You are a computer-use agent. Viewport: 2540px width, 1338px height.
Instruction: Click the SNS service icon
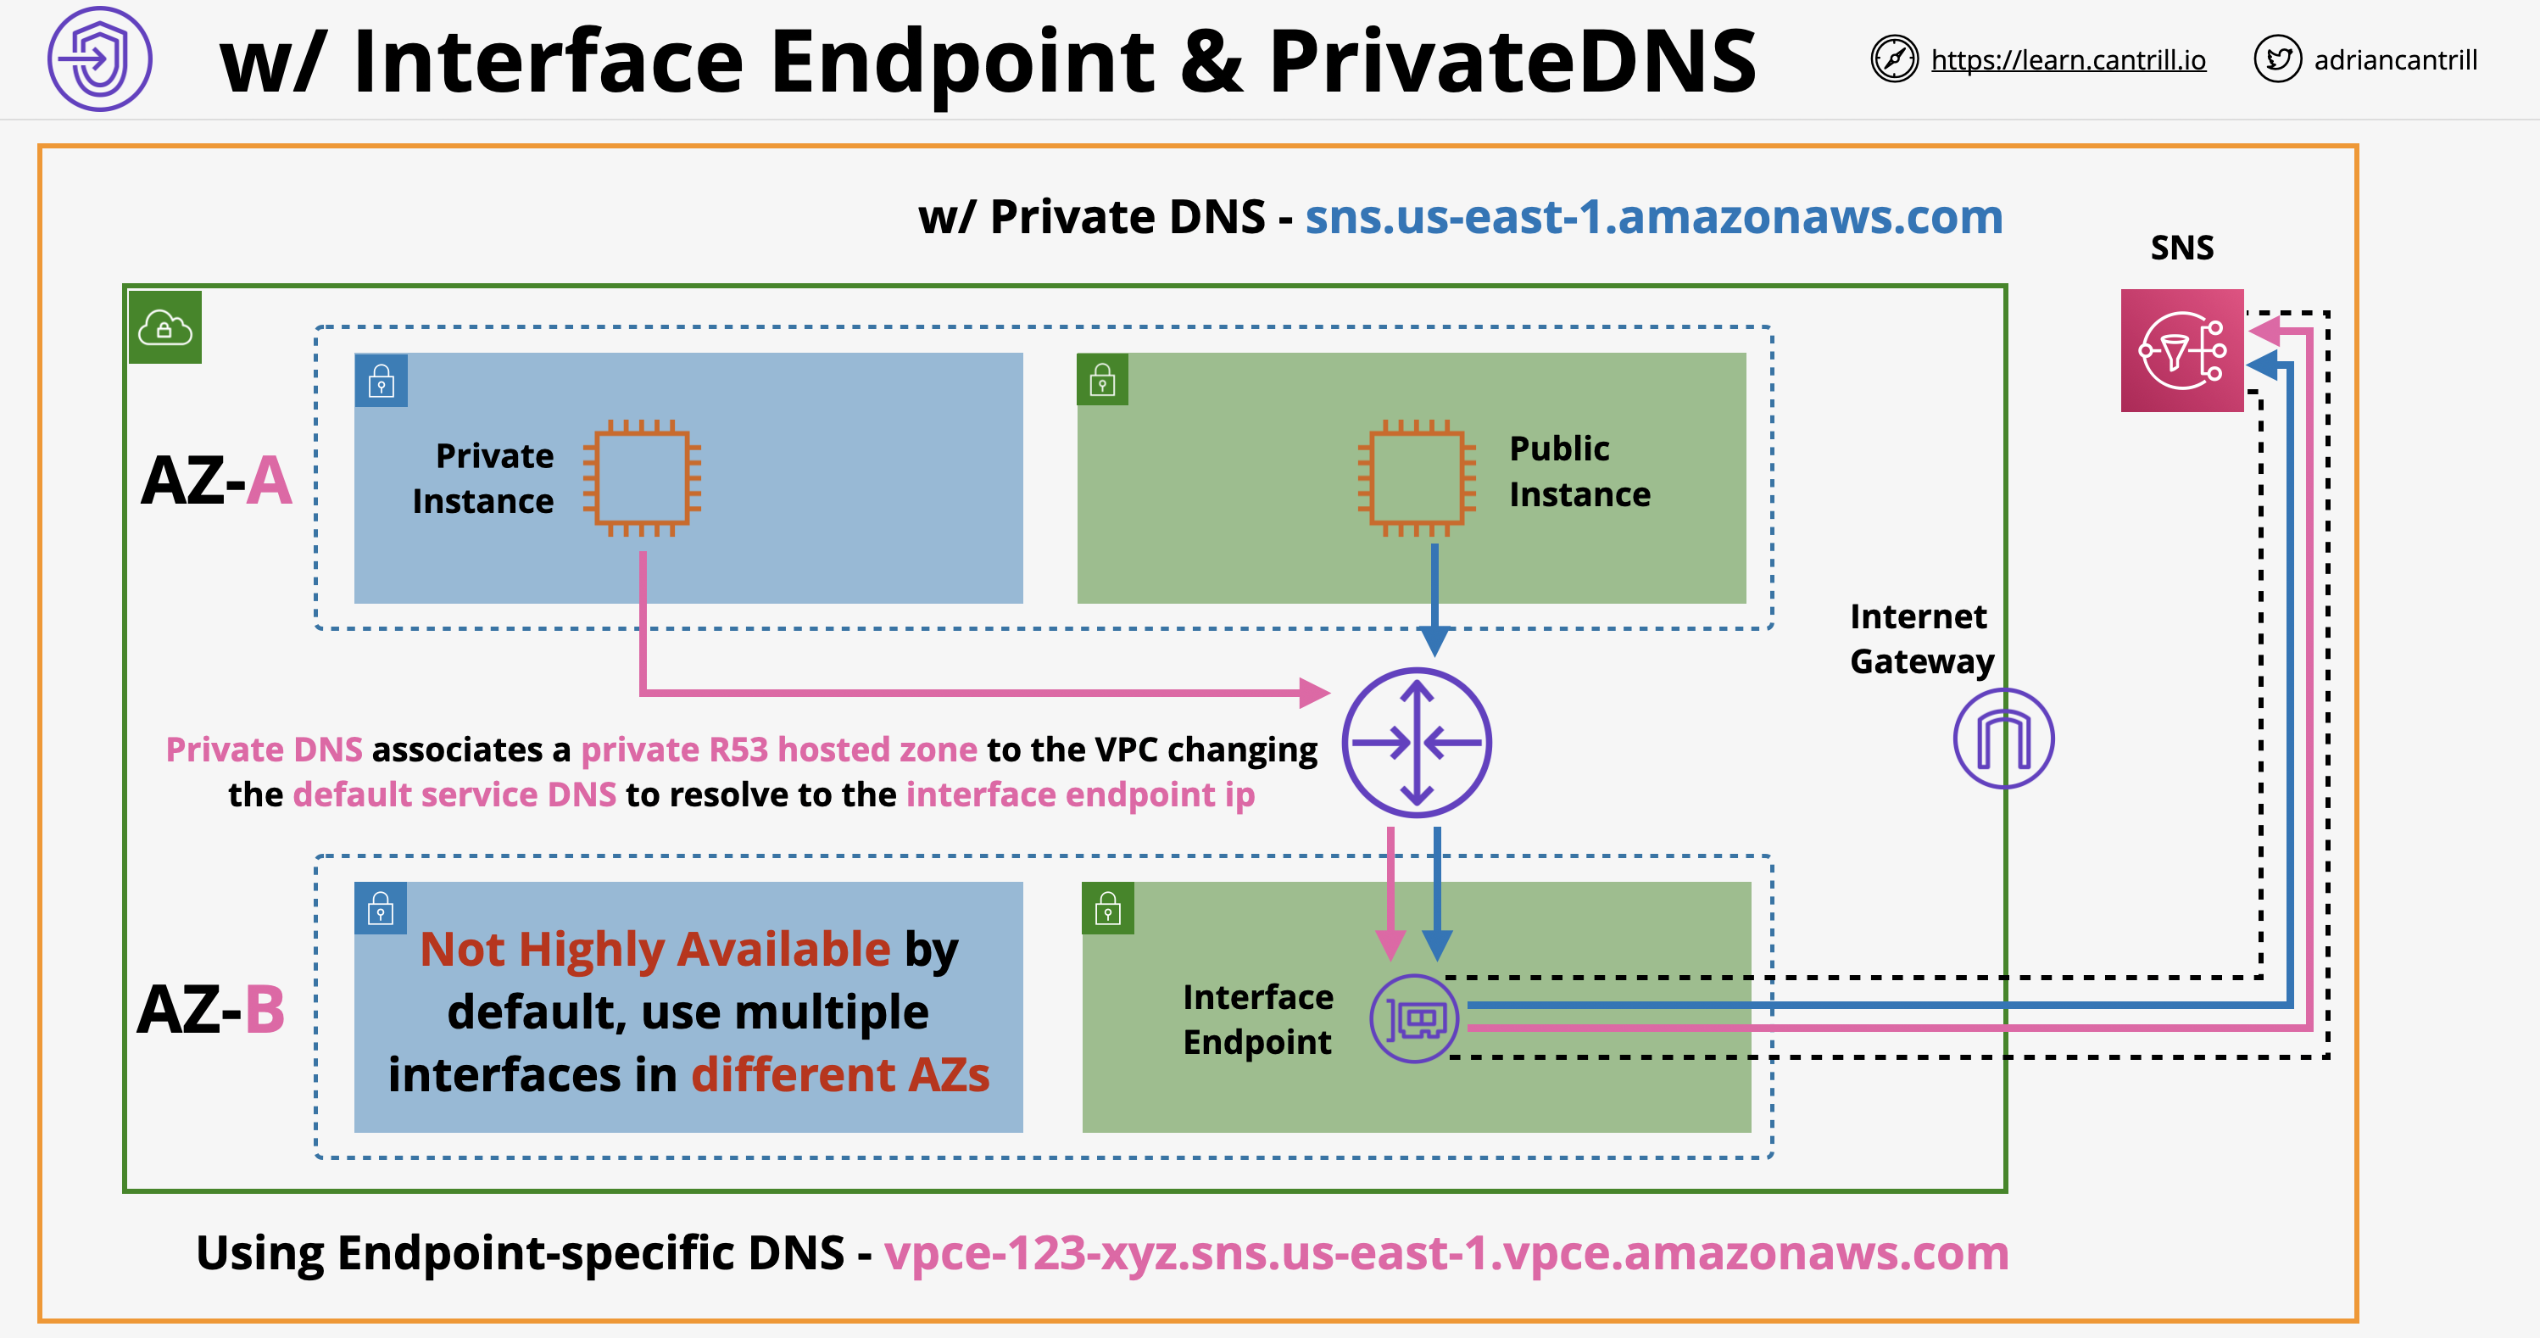[x=2181, y=350]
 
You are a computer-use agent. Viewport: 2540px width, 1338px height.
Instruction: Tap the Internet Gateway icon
[x=2002, y=739]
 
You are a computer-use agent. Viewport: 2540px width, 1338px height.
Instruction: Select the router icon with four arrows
[x=1416, y=743]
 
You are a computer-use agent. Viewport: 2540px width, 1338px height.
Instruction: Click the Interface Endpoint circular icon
[x=1414, y=1018]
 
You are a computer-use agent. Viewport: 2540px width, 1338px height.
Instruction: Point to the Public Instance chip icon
[x=1417, y=478]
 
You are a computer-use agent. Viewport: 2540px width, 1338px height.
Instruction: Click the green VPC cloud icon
[x=164, y=327]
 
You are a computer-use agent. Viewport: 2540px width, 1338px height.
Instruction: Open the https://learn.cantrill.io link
[x=2068, y=60]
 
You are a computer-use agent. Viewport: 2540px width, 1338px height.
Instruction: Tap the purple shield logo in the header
[x=99, y=59]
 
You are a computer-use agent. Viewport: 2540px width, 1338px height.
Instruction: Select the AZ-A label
[x=217, y=480]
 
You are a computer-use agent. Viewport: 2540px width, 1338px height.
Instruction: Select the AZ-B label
[x=212, y=1010]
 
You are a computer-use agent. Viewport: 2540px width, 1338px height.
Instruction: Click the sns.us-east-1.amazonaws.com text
[x=1653, y=217]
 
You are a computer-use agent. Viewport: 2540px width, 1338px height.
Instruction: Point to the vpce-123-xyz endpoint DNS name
[x=1445, y=1253]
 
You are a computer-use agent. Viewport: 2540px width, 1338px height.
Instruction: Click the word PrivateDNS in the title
[x=1512, y=62]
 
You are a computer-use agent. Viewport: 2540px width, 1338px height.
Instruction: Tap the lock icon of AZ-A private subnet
[x=381, y=381]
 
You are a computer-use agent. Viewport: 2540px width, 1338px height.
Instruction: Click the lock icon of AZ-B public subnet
[x=1107, y=908]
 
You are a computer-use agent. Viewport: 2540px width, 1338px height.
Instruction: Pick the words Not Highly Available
[x=654, y=950]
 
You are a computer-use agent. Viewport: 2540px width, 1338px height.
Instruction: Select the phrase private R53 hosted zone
[x=779, y=750]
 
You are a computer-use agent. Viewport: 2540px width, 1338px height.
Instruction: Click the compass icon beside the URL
[x=1893, y=59]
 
